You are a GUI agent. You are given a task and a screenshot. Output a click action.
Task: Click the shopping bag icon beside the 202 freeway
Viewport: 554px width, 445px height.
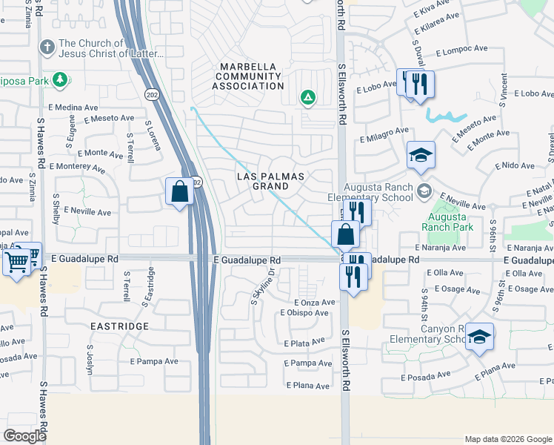coord(179,192)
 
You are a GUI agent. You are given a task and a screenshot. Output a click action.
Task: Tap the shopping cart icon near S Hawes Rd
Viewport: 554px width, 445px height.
coord(17,260)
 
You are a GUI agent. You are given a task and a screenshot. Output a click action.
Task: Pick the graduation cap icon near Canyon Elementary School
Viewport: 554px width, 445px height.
coord(479,337)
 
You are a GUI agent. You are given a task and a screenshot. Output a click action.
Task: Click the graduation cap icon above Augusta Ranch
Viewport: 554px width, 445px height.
coord(421,154)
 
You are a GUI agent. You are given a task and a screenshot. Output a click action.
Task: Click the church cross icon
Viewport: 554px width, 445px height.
coord(47,48)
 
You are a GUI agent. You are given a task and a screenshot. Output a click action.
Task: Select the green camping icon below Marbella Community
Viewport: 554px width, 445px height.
coord(307,97)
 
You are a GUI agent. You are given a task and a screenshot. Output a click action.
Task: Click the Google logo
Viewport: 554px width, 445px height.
coord(25,435)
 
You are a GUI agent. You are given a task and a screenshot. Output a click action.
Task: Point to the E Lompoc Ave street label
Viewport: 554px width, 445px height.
coord(461,50)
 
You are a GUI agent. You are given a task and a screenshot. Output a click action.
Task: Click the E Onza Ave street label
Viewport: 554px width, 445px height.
coord(315,303)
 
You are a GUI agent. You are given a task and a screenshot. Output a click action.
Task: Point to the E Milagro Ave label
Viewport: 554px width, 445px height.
coord(384,135)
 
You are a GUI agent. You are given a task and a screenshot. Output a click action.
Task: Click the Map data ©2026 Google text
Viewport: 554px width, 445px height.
coord(507,439)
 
